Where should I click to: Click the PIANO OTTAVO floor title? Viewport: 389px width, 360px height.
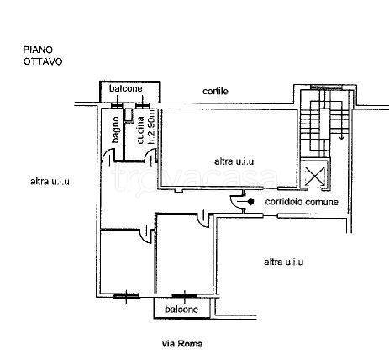pyautogui.click(x=43, y=56)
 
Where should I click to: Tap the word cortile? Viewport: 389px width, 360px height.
pyautogui.click(x=215, y=91)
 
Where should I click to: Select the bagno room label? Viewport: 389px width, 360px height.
pyautogui.click(x=115, y=130)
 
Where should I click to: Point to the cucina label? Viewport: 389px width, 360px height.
pyautogui.click(x=140, y=130)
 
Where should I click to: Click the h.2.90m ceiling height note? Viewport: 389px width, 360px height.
pyautogui.click(x=151, y=127)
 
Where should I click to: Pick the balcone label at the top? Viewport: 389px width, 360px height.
pyautogui.click(x=126, y=88)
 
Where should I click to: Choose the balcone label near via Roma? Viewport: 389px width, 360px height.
pyautogui.click(x=181, y=310)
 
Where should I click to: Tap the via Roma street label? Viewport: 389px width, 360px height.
pyautogui.click(x=182, y=343)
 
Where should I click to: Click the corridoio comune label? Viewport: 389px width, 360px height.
pyautogui.click(x=302, y=202)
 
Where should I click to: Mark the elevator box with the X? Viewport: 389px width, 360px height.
pyautogui.click(x=315, y=176)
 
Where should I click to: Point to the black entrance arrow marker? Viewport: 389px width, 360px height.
pyautogui.click(x=251, y=201)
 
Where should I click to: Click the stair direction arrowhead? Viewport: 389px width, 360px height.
pyautogui.click(x=341, y=137)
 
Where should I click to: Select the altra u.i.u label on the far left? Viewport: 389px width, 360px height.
pyautogui.click(x=50, y=182)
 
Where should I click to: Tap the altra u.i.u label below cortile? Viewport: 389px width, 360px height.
pyautogui.click(x=234, y=161)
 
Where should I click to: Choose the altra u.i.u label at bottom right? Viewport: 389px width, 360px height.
pyautogui.click(x=283, y=262)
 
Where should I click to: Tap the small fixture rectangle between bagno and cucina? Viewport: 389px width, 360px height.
pyautogui.click(x=129, y=114)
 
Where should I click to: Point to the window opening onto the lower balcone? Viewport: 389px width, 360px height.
pyautogui.click(x=185, y=295)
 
